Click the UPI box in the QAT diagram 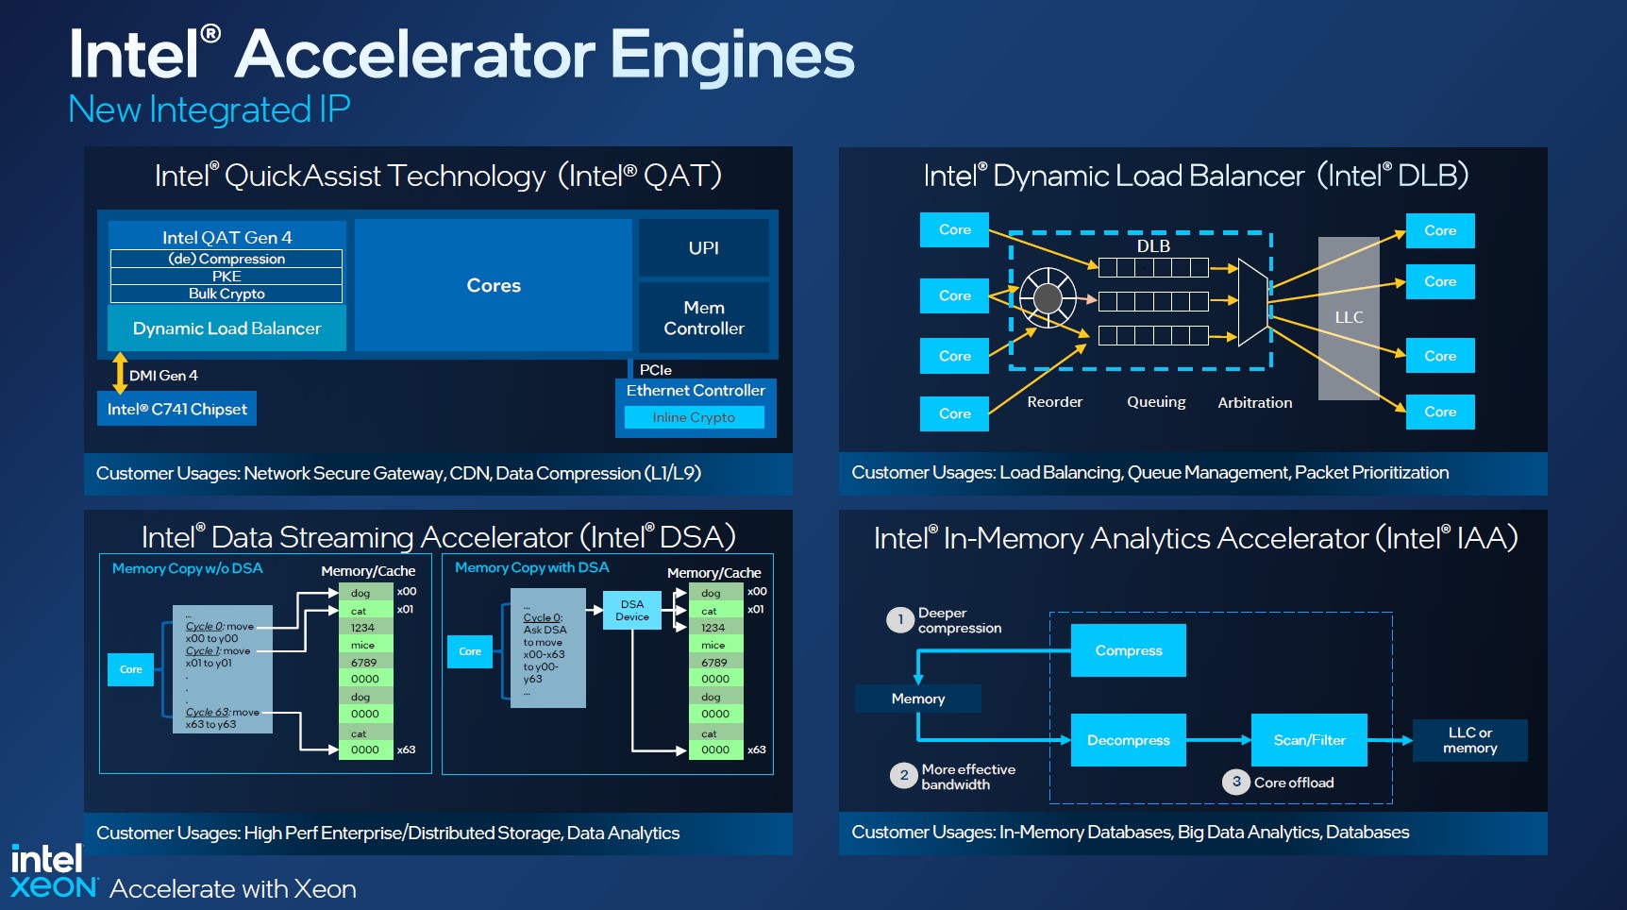point(703,247)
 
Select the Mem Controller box point(703,318)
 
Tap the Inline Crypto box point(694,417)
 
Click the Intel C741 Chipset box point(176,409)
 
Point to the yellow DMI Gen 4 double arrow point(120,373)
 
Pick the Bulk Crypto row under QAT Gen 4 point(226,294)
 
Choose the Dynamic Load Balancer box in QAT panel point(226,329)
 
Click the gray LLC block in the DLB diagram point(1349,318)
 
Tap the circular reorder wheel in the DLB point(1048,298)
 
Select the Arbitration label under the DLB point(1254,402)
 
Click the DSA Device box point(632,610)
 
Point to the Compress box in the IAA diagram point(1128,650)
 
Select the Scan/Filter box point(1309,740)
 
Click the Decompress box point(1128,740)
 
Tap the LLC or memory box point(1469,740)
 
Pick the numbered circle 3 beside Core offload point(1236,782)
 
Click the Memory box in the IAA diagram point(917,699)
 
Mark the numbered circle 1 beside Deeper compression point(900,620)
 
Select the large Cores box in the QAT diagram point(493,285)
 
